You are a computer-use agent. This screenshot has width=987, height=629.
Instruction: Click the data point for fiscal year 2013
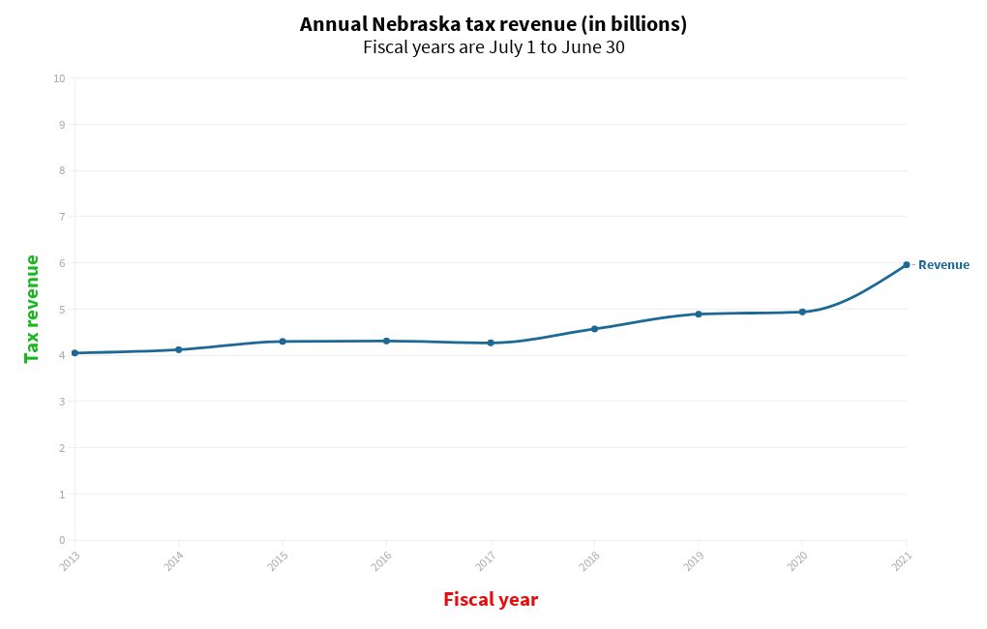(x=75, y=353)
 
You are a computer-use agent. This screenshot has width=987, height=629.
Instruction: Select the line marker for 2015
(x=283, y=342)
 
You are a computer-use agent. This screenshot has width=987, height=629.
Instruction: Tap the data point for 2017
(x=491, y=343)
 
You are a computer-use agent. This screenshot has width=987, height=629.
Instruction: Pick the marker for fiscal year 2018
(x=594, y=329)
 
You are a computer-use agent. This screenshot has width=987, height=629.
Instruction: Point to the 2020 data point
(x=802, y=312)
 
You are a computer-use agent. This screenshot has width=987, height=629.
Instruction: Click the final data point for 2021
(x=907, y=264)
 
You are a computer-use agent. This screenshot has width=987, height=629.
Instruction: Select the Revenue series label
(x=942, y=265)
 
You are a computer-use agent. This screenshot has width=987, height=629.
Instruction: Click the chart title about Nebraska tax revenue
(x=493, y=24)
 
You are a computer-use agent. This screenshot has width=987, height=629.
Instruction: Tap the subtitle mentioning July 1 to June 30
(x=493, y=47)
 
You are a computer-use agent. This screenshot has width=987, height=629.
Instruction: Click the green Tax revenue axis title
(x=32, y=309)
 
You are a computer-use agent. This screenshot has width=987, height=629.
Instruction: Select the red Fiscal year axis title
(x=491, y=600)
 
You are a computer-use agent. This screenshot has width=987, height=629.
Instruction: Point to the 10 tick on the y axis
(x=59, y=78)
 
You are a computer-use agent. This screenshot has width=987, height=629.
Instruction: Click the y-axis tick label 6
(x=61, y=263)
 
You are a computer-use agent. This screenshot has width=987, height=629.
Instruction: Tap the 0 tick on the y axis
(x=61, y=540)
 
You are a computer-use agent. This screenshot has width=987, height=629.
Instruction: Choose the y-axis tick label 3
(x=61, y=402)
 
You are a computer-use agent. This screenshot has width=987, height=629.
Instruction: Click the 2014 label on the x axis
(x=173, y=561)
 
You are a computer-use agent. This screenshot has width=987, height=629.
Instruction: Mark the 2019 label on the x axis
(x=693, y=561)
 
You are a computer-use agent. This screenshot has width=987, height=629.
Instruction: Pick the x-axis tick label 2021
(x=901, y=561)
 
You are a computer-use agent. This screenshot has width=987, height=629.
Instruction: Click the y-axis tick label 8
(x=61, y=170)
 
